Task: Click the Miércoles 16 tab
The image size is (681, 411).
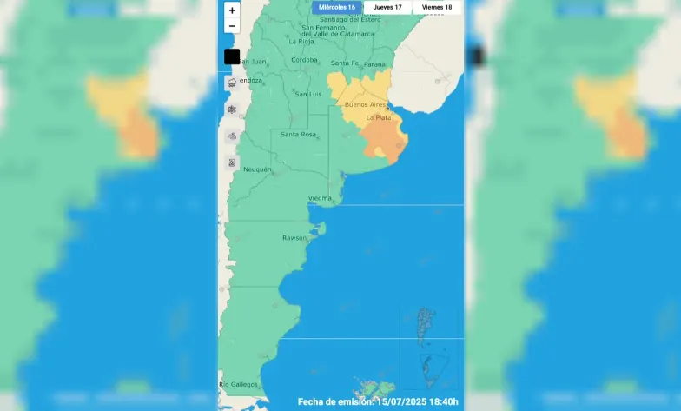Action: [x=337, y=7]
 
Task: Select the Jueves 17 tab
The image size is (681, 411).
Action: [x=387, y=7]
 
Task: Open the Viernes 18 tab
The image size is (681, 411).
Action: [x=437, y=7]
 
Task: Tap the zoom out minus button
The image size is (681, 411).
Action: [x=232, y=25]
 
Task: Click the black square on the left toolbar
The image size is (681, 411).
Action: [x=232, y=56]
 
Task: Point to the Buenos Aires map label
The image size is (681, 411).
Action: [x=366, y=104]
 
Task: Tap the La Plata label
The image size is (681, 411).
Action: [x=379, y=116]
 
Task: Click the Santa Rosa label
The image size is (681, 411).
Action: [x=297, y=134]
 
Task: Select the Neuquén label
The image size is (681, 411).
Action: [x=258, y=169]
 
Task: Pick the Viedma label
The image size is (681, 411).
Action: [x=320, y=198]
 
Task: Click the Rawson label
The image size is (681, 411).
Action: [x=294, y=237]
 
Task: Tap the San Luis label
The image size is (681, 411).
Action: [x=308, y=93]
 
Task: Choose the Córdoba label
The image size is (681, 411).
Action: [x=304, y=59]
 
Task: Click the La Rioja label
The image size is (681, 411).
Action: [x=301, y=41]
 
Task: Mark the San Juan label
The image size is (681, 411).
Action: [x=253, y=62]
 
